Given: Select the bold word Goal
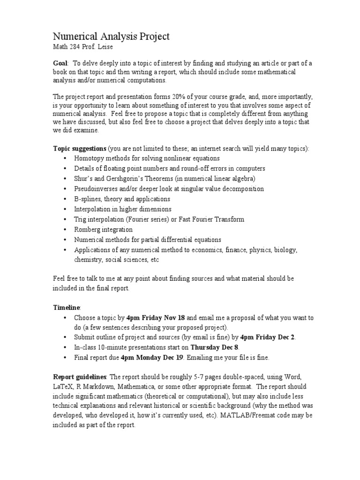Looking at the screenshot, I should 60,63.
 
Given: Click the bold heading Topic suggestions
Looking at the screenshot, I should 79,148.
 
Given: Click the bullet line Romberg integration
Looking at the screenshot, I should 103,230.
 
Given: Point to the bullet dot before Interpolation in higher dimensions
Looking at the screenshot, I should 65,210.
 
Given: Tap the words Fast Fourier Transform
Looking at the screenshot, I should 211,219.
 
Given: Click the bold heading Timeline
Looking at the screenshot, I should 66,307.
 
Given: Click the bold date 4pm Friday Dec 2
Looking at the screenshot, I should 268,337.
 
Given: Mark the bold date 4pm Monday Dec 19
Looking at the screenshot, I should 150,358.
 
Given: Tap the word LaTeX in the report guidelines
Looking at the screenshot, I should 63,388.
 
